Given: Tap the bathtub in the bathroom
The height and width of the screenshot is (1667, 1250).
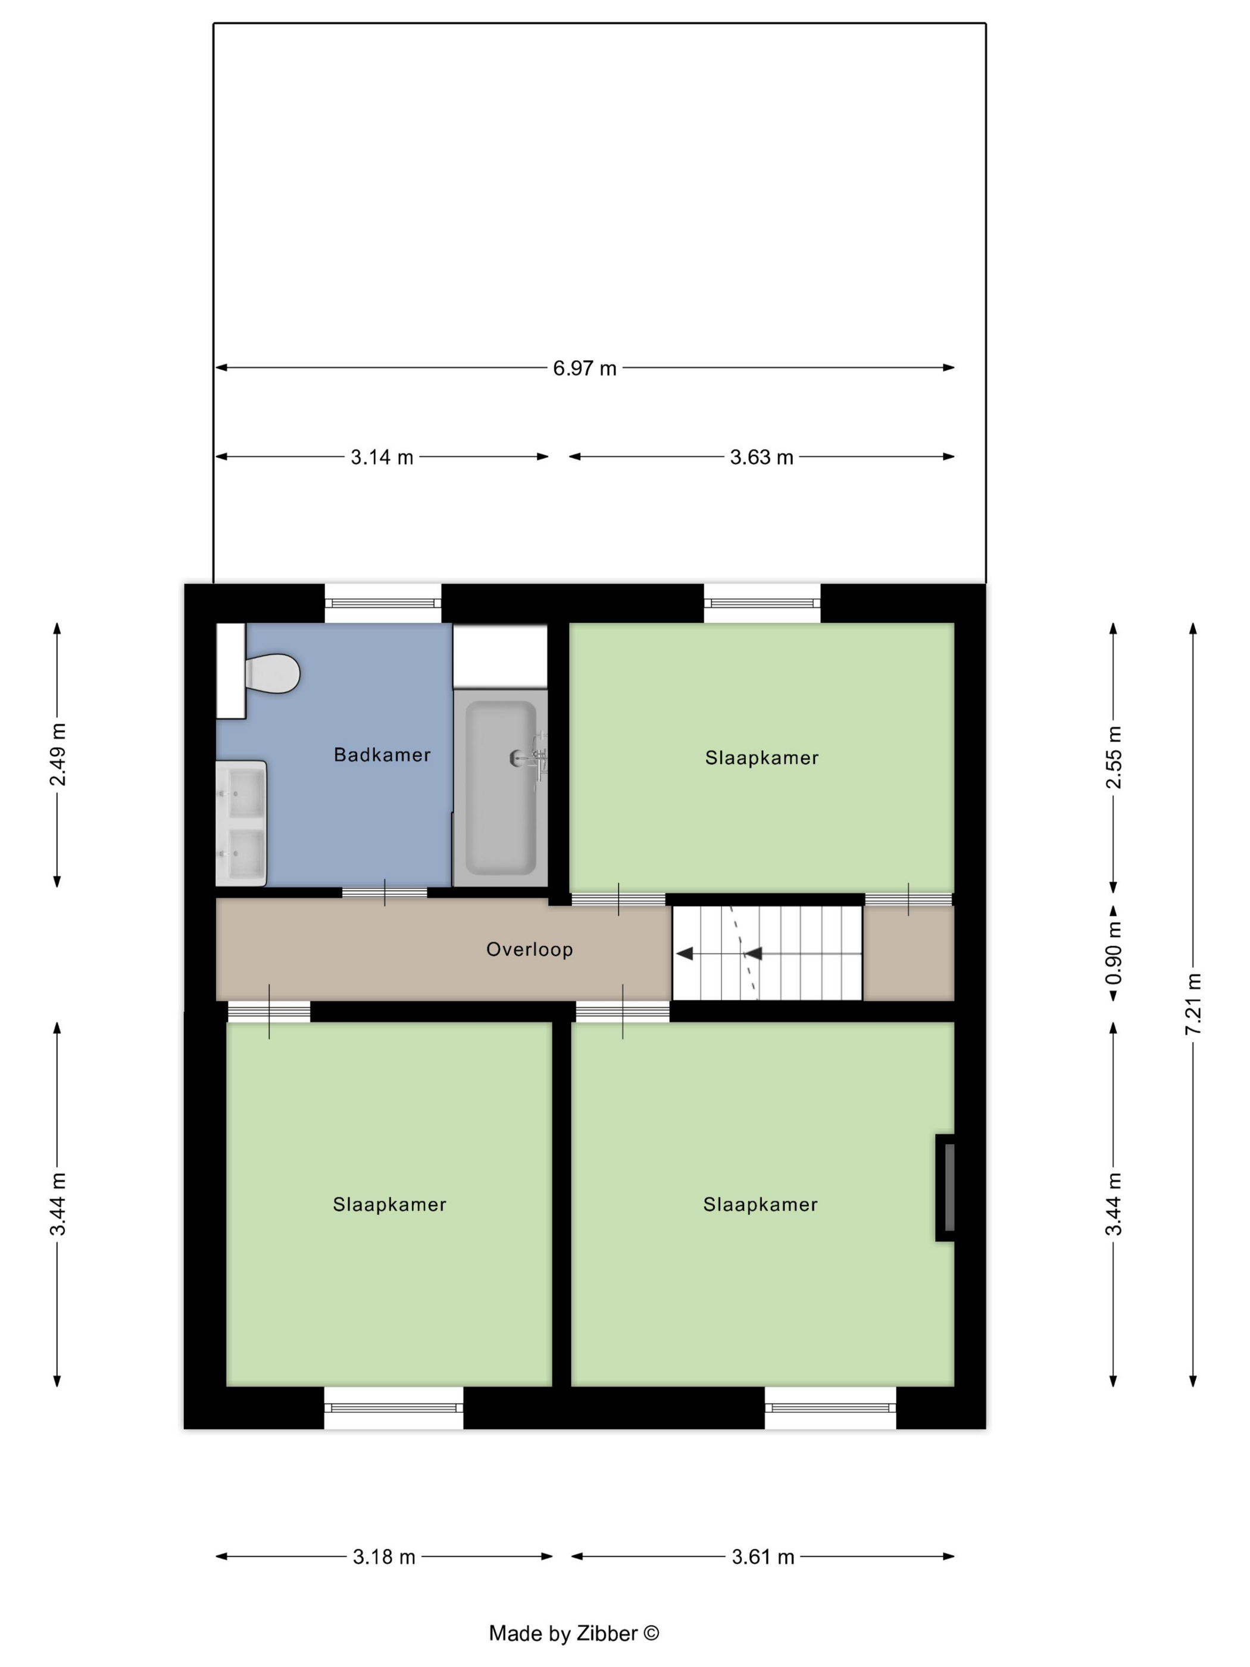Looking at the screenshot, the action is (501, 788).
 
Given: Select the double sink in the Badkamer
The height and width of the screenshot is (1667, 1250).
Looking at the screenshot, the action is (241, 823).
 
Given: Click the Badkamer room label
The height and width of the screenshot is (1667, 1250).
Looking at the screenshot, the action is (382, 754).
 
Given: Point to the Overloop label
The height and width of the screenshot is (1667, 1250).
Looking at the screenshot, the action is (530, 949).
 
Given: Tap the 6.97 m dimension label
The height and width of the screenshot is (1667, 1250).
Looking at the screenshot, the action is (585, 368).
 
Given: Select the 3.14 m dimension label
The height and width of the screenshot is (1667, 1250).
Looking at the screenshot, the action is (382, 457).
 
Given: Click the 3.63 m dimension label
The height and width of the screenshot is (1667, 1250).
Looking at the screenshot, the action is (762, 457).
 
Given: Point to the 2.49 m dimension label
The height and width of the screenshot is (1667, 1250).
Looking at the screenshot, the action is (58, 754).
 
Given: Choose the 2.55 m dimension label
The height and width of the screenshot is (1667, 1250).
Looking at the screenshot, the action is (1114, 757).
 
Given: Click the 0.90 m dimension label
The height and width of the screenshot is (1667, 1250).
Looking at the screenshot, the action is (1114, 953).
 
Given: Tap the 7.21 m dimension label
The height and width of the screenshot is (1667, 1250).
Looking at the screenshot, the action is (1193, 1004).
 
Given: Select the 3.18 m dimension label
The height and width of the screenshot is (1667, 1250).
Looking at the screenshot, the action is (385, 1556).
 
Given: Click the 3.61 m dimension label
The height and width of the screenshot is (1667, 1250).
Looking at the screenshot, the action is (763, 1556).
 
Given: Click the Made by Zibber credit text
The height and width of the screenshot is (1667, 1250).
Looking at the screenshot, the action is (574, 1633).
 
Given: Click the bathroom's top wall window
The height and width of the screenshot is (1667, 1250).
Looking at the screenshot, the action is (383, 603).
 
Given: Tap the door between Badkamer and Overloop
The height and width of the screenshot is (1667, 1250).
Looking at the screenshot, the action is (385, 892).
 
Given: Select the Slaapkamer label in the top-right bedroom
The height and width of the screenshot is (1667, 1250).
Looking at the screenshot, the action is (762, 757).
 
